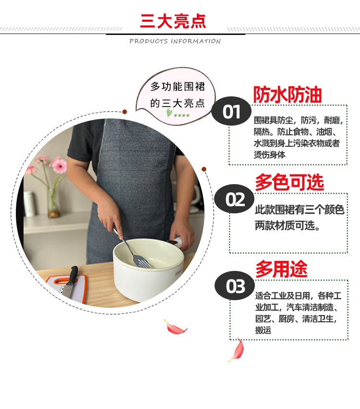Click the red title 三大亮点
click(173, 21)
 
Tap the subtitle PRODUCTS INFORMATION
click(175, 41)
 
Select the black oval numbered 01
click(231, 111)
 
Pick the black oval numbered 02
click(234, 199)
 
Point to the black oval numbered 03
click(235, 286)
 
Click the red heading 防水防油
click(288, 94)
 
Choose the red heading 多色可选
click(289, 182)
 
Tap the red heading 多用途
click(281, 269)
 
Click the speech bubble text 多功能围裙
click(178, 87)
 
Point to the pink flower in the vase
click(60, 165)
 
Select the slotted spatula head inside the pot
click(142, 262)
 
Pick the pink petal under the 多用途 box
click(237, 351)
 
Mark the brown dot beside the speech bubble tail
click(124, 112)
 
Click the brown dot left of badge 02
click(204, 169)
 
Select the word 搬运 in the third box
click(263, 330)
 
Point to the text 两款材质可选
click(288, 226)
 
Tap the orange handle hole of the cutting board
click(60, 281)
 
